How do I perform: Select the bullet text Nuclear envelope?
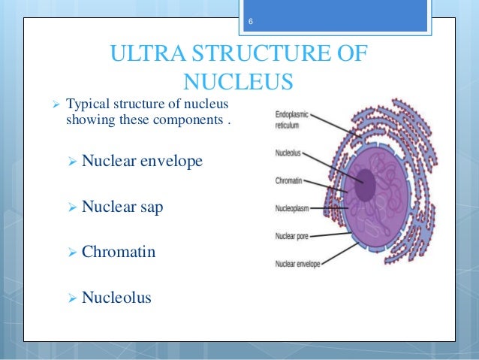pos(142,161)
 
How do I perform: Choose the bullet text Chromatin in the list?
pos(119,252)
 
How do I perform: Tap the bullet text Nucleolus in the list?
pos(116,298)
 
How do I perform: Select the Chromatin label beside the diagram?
pos(288,181)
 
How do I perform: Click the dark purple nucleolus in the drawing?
pos(365,185)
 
